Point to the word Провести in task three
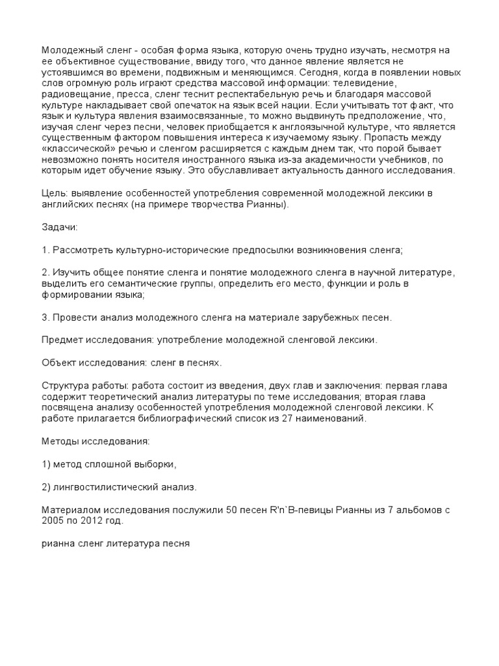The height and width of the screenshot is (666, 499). pos(75,317)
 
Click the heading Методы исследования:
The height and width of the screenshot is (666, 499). pos(95,442)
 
